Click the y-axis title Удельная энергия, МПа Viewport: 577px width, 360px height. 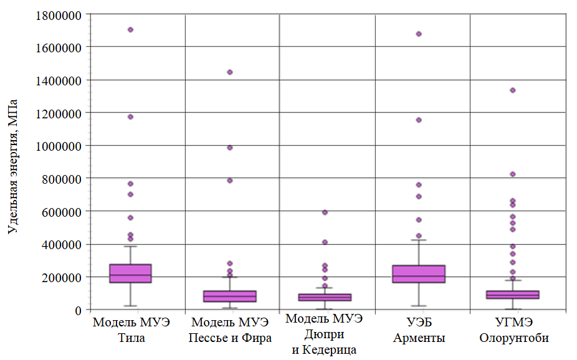click(12, 166)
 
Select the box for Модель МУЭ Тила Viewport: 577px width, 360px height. click(131, 273)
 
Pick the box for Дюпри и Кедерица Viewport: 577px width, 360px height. click(325, 297)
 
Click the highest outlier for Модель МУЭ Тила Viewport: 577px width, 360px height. click(131, 29)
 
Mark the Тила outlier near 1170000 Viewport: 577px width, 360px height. click(131, 116)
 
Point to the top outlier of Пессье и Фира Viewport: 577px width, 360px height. click(230, 72)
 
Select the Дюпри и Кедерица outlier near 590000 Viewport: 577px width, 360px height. click(325, 212)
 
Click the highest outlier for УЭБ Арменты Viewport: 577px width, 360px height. click(419, 34)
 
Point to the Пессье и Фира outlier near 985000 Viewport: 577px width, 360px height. click(230, 148)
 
